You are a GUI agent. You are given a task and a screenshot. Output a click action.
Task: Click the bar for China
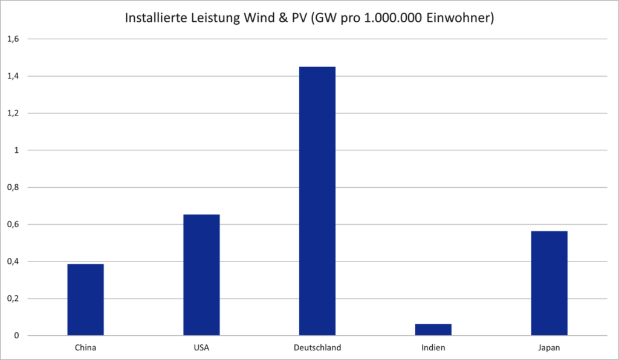[85, 300]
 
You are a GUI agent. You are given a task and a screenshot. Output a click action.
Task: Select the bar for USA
[201, 275]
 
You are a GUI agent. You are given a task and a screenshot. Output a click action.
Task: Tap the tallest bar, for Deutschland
[317, 201]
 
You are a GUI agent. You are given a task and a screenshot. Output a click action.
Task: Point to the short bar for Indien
[433, 330]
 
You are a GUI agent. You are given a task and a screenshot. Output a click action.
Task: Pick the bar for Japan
[549, 283]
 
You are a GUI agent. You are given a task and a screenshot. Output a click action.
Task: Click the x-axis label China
[85, 348]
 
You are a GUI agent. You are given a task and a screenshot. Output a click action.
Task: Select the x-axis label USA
[201, 348]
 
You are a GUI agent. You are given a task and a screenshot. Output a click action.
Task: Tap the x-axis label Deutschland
[317, 348]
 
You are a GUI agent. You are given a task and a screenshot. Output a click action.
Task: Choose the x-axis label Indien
[433, 348]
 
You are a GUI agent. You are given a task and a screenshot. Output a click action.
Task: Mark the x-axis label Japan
[549, 348]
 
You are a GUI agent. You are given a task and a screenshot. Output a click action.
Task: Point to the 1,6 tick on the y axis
[13, 39]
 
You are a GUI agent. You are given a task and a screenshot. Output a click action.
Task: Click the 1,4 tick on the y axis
[13, 76]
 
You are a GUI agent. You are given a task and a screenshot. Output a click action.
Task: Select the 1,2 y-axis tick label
[13, 114]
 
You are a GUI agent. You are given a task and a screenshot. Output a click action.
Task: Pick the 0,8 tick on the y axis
[13, 187]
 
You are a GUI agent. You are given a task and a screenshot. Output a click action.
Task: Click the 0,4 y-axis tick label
[13, 262]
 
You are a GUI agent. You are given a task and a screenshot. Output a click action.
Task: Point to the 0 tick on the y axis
[17, 335]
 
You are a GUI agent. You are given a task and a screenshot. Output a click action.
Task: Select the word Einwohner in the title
[462, 19]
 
